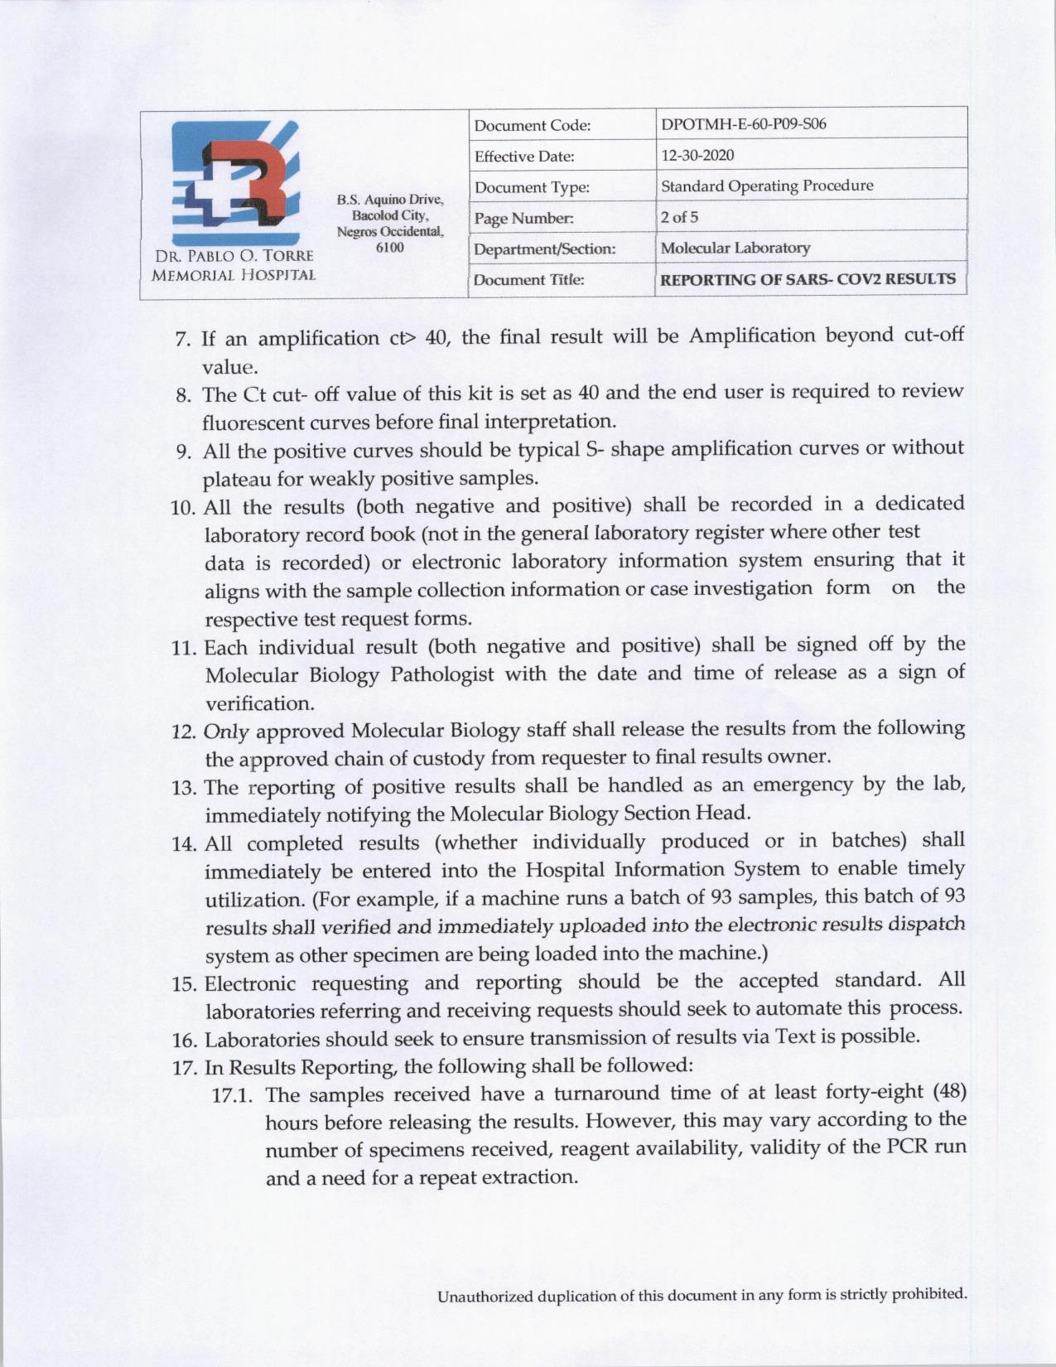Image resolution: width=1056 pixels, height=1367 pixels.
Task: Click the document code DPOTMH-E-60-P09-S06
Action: tap(743, 124)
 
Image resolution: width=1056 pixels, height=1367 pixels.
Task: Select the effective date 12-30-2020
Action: tap(697, 155)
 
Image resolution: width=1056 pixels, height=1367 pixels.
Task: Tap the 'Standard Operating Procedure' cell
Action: tap(766, 186)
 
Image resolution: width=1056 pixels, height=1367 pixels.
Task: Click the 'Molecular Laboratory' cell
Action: tap(735, 248)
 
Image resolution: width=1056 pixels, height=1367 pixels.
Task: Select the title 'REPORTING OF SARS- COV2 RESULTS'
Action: tap(808, 279)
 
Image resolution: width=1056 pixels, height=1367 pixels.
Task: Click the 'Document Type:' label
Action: tap(532, 188)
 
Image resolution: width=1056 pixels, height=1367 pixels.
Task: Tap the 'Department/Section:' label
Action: tap(544, 249)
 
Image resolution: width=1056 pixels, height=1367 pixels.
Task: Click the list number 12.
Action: tap(182, 732)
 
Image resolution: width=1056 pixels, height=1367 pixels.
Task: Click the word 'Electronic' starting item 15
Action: tap(248, 984)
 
